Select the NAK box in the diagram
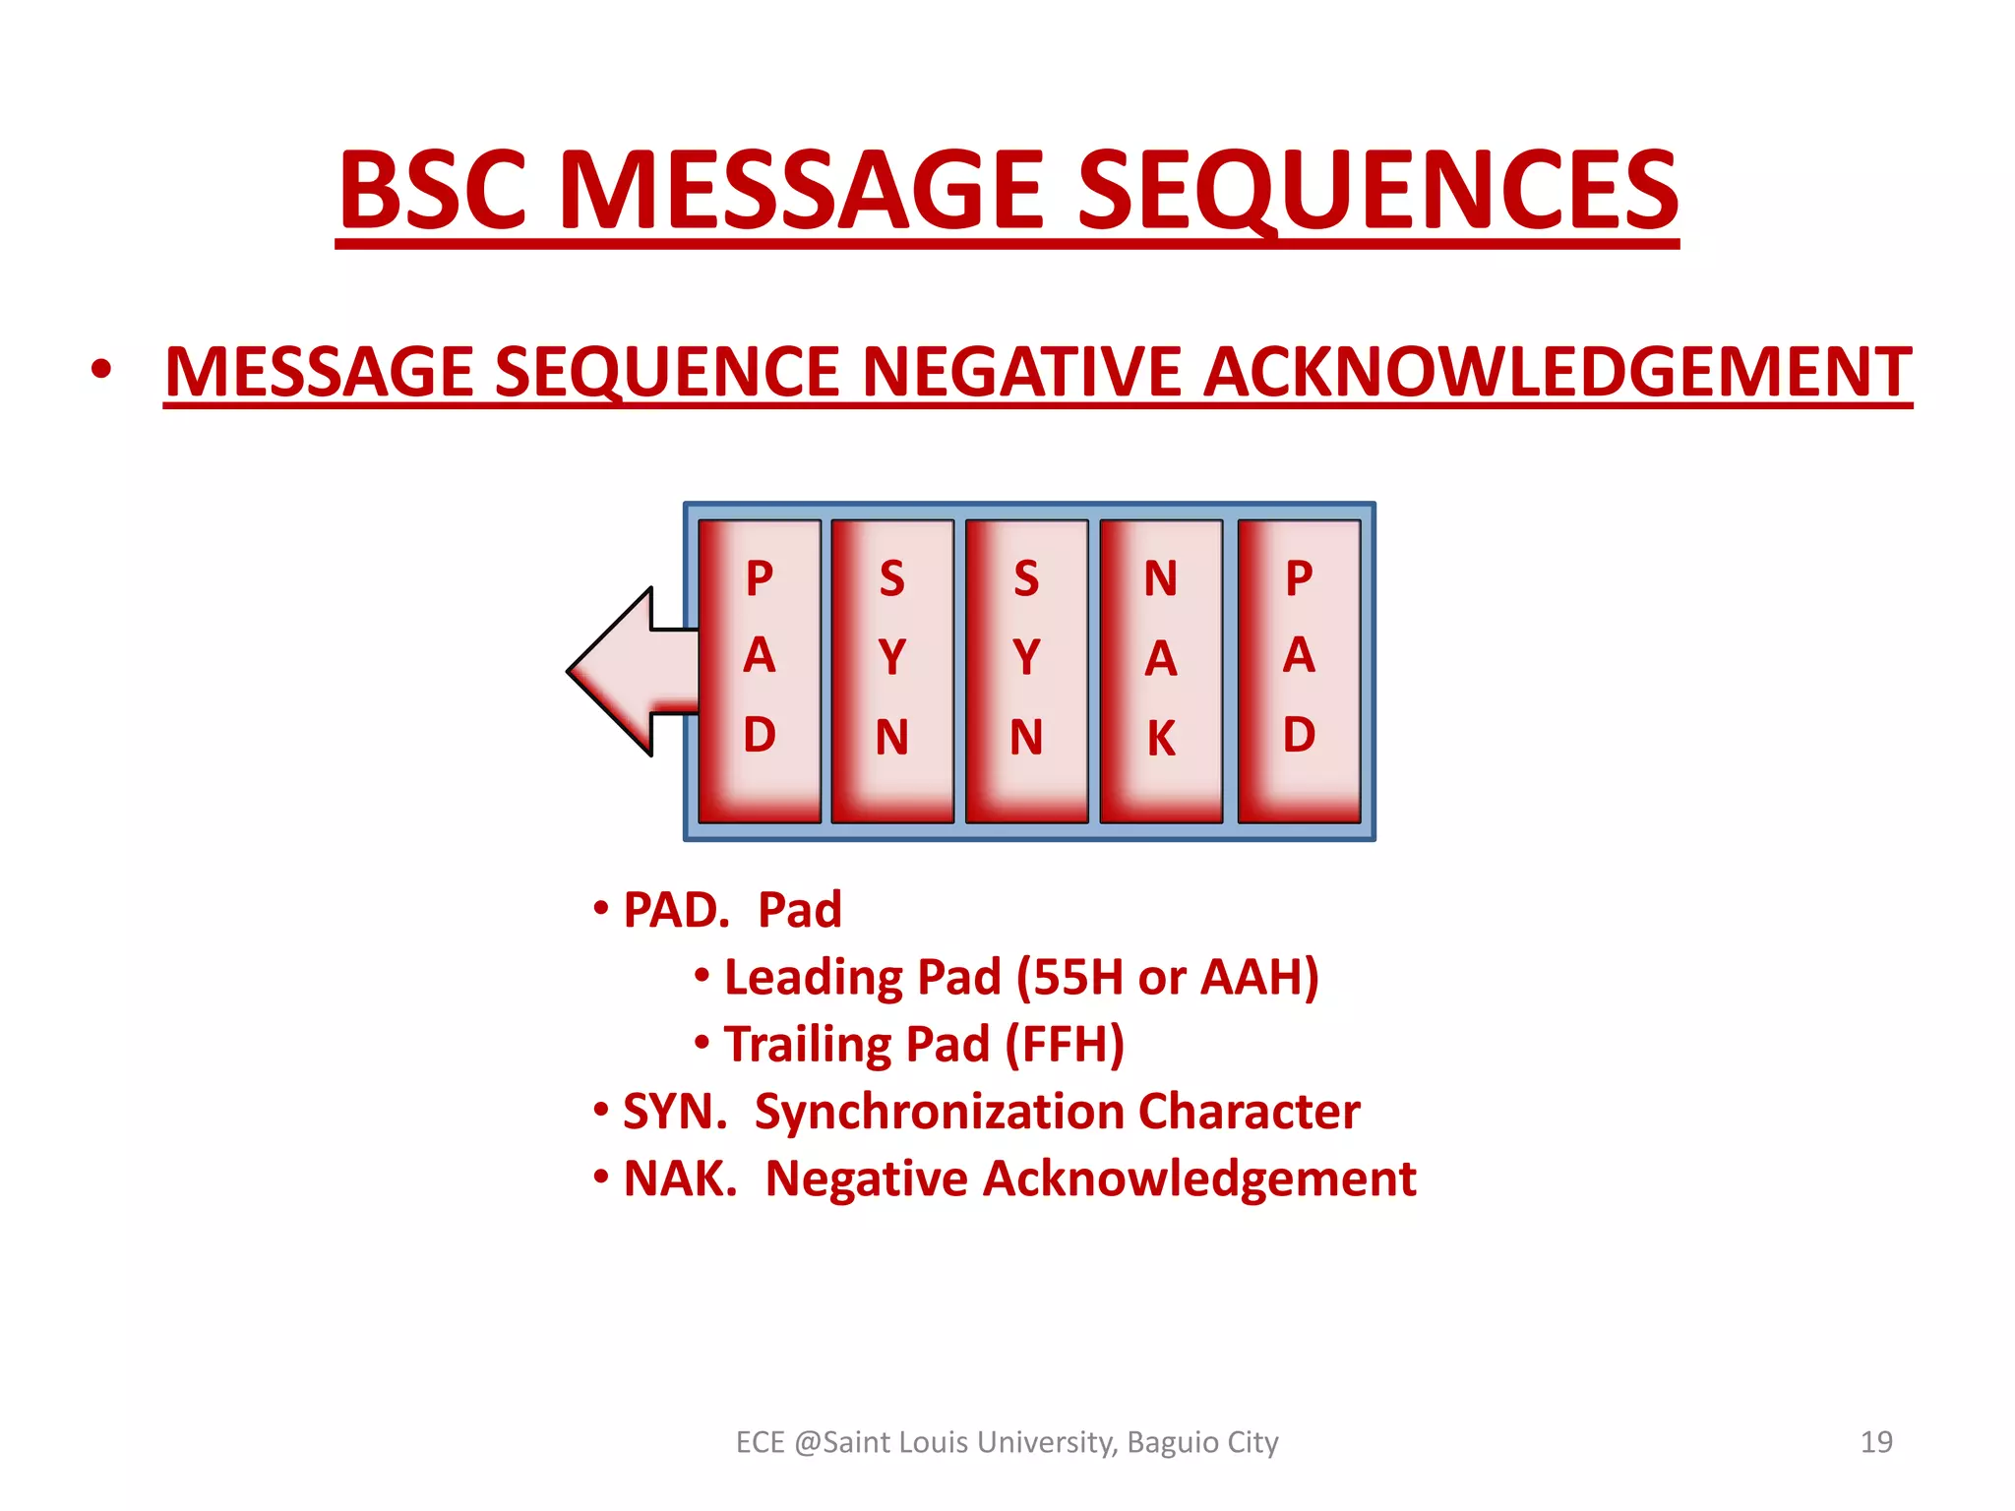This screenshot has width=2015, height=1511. (x=1161, y=672)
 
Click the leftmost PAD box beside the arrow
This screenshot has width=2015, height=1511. (x=759, y=672)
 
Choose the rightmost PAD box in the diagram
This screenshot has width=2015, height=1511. (x=1299, y=672)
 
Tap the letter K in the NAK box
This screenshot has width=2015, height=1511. (x=1161, y=738)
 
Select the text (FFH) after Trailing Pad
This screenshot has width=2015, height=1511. (x=1065, y=1045)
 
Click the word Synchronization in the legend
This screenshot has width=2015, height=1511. (x=939, y=1113)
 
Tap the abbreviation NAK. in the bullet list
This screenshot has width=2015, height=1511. (x=680, y=1179)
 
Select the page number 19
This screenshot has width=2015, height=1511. (x=1876, y=1442)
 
